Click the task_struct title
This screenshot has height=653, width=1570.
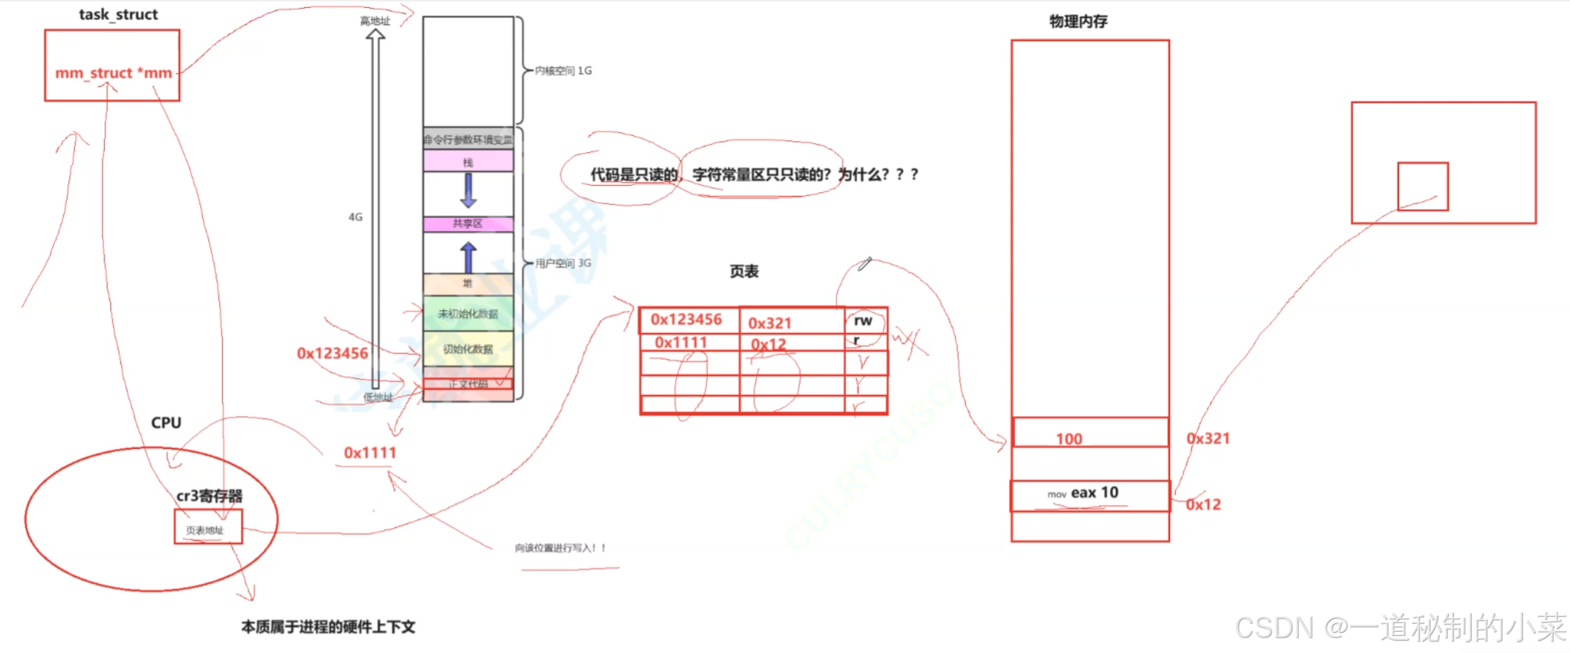[x=118, y=14]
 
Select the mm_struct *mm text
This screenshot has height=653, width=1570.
[x=113, y=73]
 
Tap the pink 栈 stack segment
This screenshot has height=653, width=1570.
[x=468, y=161]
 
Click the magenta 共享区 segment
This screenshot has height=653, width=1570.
[x=468, y=223]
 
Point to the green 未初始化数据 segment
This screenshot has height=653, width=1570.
[x=468, y=314]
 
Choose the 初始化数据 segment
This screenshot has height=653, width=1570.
[x=468, y=349]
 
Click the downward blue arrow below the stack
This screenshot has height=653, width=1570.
[x=468, y=190]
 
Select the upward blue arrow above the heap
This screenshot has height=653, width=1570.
[x=468, y=257]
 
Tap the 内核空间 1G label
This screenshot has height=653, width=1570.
[x=563, y=70]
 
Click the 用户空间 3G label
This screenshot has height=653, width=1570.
[x=563, y=263]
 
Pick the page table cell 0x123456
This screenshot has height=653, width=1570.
[x=686, y=319]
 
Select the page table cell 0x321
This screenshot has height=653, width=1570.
[x=769, y=323]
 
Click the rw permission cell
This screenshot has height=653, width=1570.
[x=863, y=321]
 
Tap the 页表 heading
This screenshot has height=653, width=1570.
[x=744, y=271]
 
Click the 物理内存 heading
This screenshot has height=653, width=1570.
[x=1078, y=21]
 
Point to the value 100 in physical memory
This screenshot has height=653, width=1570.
[x=1069, y=439]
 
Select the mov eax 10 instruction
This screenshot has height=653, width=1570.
[x=1083, y=493]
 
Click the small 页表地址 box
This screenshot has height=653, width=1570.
[x=205, y=530]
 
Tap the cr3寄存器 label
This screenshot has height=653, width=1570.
[x=209, y=496]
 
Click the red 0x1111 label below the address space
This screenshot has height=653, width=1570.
[x=369, y=452]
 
